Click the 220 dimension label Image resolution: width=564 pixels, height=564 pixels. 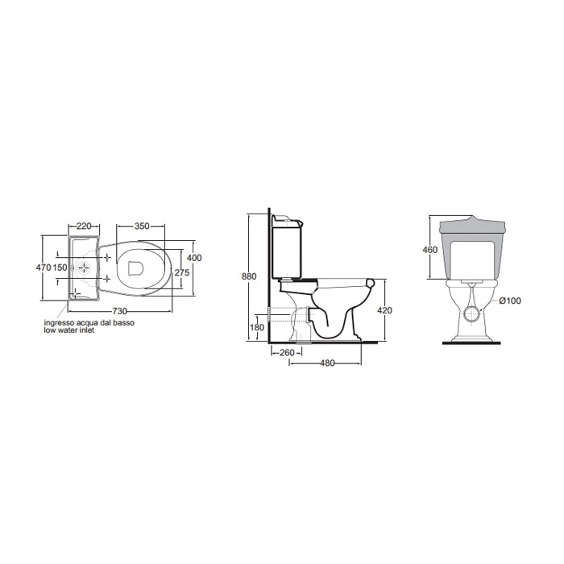coord(84,226)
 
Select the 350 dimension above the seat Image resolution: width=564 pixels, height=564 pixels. coord(142,226)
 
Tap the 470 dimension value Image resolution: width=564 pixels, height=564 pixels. coord(44,267)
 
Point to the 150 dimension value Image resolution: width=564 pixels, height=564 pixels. coord(60,267)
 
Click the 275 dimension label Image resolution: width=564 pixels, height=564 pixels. coord(182,272)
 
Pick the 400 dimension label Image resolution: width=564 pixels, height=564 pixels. coord(195,258)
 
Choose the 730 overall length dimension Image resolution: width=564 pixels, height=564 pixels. coord(120,311)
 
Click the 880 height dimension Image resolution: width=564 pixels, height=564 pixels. coord(249,276)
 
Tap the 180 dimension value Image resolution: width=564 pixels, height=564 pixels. coord(257,327)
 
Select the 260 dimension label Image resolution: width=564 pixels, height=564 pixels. coord(287,353)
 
